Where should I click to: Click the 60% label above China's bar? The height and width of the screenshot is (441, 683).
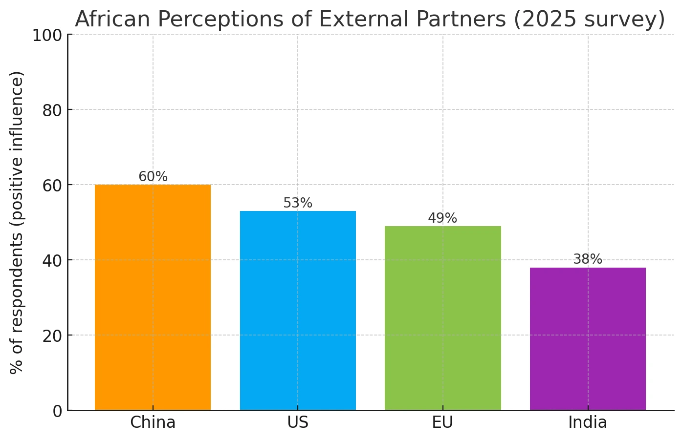pos(153,177)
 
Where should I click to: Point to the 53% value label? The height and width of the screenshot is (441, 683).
pos(298,203)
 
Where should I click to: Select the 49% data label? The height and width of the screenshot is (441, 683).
pos(442,218)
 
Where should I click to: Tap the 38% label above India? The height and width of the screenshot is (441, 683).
pos(588,259)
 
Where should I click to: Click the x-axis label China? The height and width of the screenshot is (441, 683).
pos(153,422)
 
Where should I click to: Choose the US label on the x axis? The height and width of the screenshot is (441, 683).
pos(298,422)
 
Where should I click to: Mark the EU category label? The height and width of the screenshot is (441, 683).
pos(442,422)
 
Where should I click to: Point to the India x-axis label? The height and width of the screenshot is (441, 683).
pos(588,422)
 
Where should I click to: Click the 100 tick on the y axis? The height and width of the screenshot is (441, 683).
pos(47,35)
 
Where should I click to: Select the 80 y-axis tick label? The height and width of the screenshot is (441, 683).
pos(51,110)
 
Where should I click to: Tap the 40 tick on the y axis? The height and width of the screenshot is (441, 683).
pos(51,261)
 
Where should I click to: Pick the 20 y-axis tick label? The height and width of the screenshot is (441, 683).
pos(51,336)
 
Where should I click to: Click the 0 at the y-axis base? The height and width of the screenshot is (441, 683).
pos(57,411)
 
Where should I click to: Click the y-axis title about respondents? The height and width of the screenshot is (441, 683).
pos(17,222)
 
